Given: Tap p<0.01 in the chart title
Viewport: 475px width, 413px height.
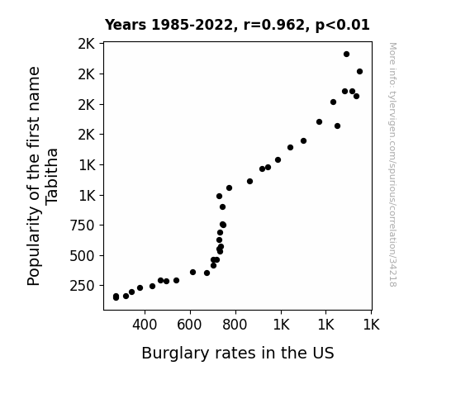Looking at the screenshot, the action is click(x=343, y=26).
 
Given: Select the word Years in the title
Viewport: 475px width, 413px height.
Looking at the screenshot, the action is click(x=126, y=25).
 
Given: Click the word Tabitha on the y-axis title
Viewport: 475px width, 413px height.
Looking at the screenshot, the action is click(x=51, y=177).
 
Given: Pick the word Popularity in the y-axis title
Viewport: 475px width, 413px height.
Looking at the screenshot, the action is click(x=34, y=246).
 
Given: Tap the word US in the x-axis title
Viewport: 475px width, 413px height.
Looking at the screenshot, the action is click(x=324, y=353).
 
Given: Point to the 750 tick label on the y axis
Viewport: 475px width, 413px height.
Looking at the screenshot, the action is click(x=82, y=225).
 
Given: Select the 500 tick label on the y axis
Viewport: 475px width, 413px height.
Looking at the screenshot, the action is click(x=82, y=256).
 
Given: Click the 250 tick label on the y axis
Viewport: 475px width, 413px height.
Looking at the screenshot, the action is click(x=82, y=286).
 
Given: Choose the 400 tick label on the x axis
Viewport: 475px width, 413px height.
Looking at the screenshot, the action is click(x=145, y=325).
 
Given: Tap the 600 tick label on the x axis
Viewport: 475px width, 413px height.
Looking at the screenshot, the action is click(x=190, y=325).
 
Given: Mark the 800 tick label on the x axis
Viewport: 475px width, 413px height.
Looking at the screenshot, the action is click(x=235, y=325).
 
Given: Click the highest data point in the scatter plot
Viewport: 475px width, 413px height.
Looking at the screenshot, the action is click(x=347, y=55).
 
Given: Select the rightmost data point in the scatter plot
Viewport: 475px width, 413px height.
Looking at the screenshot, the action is click(x=359, y=72).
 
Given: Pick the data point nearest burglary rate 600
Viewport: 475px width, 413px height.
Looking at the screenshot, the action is click(x=192, y=272).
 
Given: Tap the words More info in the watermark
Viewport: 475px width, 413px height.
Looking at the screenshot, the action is click(x=392, y=64).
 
